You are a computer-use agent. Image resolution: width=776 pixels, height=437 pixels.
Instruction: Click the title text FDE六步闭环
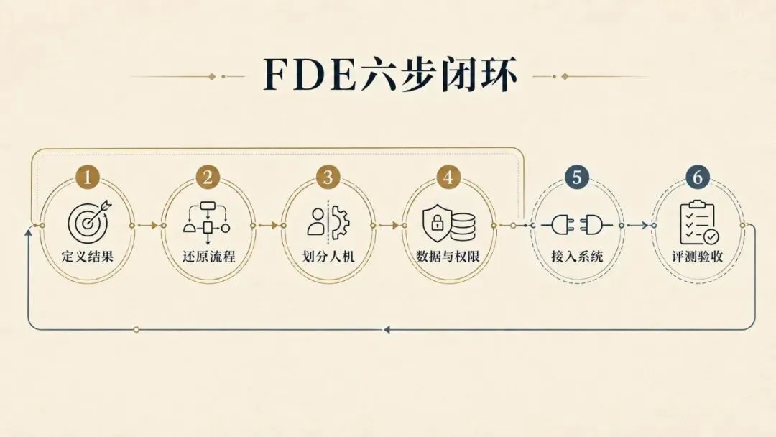pos(390,75)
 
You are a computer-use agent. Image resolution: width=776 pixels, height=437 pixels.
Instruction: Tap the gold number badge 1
pos(88,177)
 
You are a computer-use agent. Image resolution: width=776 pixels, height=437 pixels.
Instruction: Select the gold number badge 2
pos(208,177)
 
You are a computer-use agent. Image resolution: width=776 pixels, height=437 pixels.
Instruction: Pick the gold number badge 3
pos(328,177)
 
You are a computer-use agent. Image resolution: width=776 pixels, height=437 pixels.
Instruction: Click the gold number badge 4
pos(448,177)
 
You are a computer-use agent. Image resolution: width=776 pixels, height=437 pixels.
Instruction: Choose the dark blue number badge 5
pos(576,177)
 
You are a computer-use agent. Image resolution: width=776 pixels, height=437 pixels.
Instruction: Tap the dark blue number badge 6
pos(697,177)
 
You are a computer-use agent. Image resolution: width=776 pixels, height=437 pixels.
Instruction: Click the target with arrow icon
pos(89,220)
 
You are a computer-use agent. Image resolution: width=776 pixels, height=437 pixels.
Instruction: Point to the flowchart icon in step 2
pos(208,222)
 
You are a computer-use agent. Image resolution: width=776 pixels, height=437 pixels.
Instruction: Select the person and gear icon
pos(328,221)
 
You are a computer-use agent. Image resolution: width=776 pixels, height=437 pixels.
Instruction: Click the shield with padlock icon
pos(448,224)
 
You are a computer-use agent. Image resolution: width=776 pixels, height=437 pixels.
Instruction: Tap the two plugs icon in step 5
pos(576,225)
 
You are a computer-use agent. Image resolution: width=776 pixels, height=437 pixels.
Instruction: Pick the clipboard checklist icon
pos(699,223)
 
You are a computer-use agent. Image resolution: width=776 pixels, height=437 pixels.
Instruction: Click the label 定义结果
pos(88,257)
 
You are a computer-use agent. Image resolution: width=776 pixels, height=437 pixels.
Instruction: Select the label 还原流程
pos(208,257)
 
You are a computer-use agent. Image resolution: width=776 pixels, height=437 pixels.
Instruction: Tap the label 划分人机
pos(328,257)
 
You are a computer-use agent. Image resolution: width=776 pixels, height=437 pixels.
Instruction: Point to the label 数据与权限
pos(448,257)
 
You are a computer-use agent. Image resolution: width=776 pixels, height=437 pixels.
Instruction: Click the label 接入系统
pos(577,257)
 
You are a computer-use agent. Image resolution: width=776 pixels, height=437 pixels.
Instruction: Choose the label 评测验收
pos(697,257)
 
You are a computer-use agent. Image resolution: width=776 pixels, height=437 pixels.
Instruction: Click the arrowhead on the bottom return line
pos(387,329)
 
